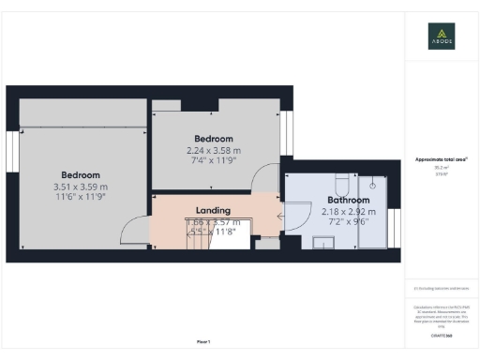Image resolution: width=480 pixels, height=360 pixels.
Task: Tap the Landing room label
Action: pyautogui.click(x=213, y=211)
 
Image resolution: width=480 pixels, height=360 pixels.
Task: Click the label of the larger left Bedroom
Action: pyautogui.click(x=81, y=175)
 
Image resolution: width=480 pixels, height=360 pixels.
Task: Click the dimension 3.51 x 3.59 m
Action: pyautogui.click(x=82, y=187)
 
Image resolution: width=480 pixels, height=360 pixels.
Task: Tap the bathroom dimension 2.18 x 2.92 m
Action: pyautogui.click(x=348, y=212)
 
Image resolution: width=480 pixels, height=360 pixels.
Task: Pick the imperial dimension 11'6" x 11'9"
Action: pyautogui.click(x=82, y=199)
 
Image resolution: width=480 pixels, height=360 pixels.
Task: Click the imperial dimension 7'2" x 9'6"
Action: pyautogui.click(x=348, y=223)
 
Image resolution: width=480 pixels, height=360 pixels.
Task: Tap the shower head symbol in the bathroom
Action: pyautogui.click(x=372, y=186)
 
